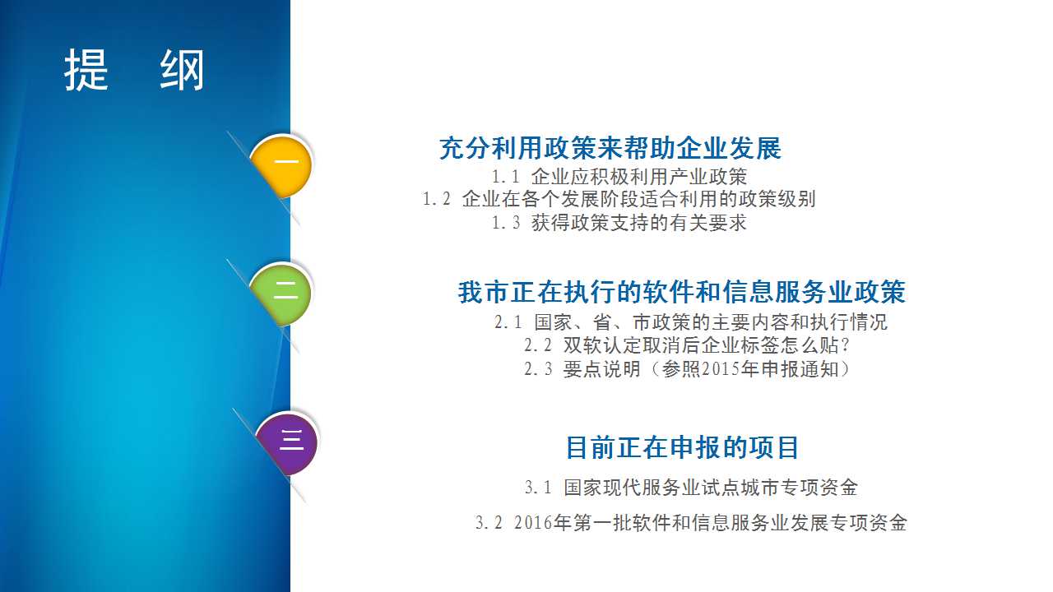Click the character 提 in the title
tap(86, 70)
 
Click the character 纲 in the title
tap(182, 70)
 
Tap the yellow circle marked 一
tap(281, 166)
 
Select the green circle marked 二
tap(281, 294)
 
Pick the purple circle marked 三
tap(287, 443)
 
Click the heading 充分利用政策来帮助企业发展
tap(610, 149)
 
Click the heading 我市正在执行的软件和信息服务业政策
tap(682, 292)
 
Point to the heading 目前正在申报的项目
tap(682, 447)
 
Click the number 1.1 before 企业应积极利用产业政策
tap(505, 177)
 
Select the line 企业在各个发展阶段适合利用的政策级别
tap(639, 199)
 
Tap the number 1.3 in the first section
tap(505, 223)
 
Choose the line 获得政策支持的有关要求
tap(639, 223)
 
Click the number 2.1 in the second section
tap(508, 322)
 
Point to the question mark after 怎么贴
tap(845, 346)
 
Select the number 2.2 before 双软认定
tap(538, 346)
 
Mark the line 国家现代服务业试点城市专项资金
tap(712, 488)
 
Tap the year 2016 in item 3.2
tap(533, 523)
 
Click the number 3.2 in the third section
tap(489, 523)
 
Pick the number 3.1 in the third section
tap(538, 488)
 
